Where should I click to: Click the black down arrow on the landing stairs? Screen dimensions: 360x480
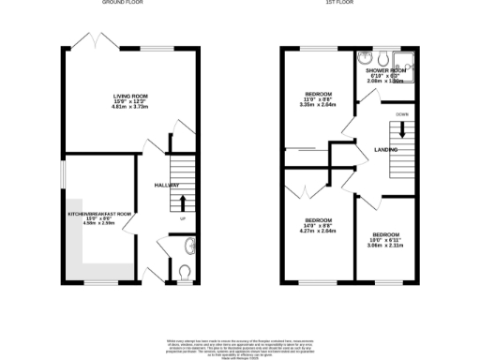pyautogui.click(x=403, y=132)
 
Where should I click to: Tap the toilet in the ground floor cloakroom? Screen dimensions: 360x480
pyautogui.click(x=184, y=273)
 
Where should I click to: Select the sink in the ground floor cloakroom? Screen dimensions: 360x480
pyautogui.click(x=190, y=247)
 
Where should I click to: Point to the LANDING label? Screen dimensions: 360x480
pyautogui.click(x=385, y=150)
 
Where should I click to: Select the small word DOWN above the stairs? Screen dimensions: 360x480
pyautogui.click(x=403, y=115)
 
